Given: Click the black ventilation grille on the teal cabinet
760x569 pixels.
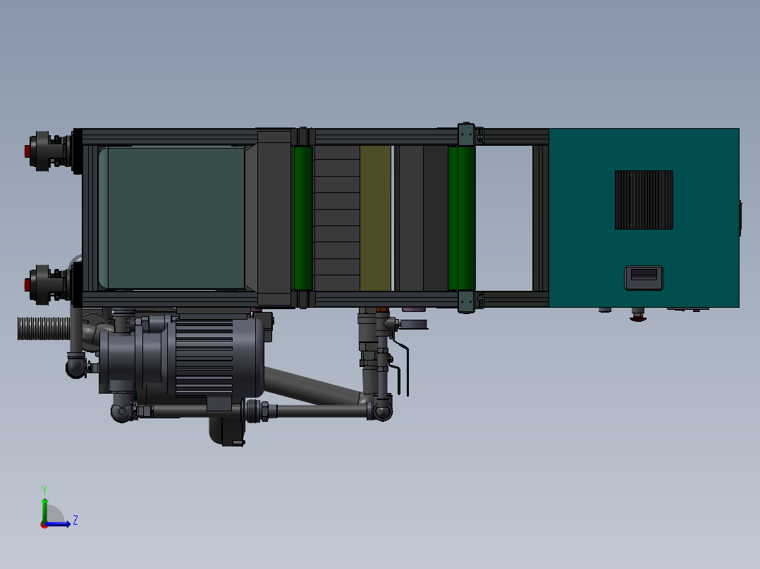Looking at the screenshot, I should pyautogui.click(x=644, y=200).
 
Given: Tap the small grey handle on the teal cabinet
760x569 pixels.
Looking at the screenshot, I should pyautogui.click(x=643, y=277).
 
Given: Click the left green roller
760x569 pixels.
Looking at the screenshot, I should pyautogui.click(x=302, y=218).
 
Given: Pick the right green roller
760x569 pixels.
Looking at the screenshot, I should pyautogui.click(x=462, y=218).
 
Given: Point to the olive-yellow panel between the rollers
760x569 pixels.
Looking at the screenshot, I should pyautogui.click(x=375, y=218).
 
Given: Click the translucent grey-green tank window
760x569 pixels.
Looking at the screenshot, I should pyautogui.click(x=173, y=218).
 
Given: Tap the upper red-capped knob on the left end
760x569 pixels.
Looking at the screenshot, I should pyautogui.click(x=28, y=150).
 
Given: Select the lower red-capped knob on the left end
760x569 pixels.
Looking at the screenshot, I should pyautogui.click(x=28, y=284).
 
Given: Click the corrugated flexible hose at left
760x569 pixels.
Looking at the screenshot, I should pyautogui.click(x=42, y=328).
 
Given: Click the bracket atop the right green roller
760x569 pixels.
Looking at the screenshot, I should pyautogui.click(x=465, y=134).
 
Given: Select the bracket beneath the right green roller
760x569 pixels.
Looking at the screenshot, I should pyautogui.click(x=465, y=301).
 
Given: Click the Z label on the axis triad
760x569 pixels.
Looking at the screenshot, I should pyautogui.click(x=75, y=520).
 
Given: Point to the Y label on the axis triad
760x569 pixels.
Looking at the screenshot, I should pyautogui.click(x=44, y=489).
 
